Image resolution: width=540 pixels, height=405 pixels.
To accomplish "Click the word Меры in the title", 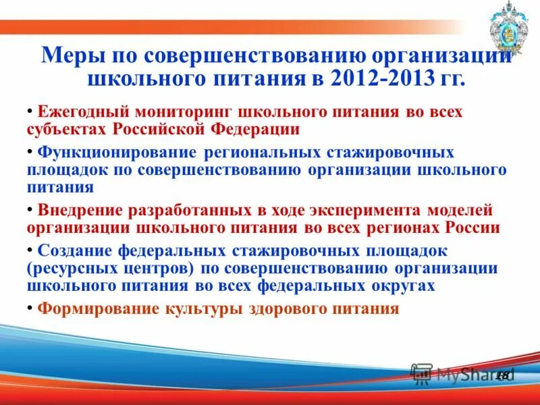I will pyautogui.click(x=68, y=54).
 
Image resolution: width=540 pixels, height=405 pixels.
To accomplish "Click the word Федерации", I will pyautogui.click(x=256, y=128).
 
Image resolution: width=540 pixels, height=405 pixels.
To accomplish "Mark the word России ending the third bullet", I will pyautogui.click(x=473, y=227).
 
